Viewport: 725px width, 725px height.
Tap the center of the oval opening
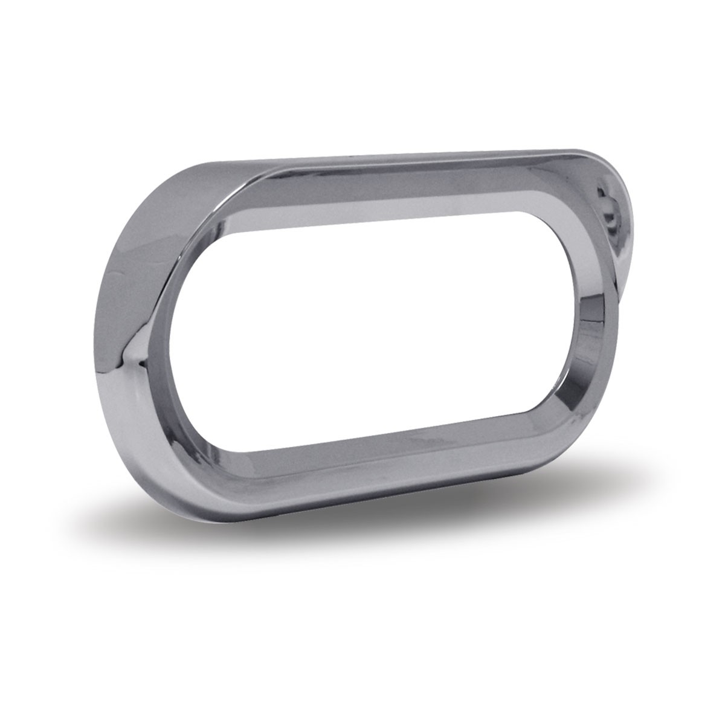point(387,338)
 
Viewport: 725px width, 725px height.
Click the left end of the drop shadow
point(139,520)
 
